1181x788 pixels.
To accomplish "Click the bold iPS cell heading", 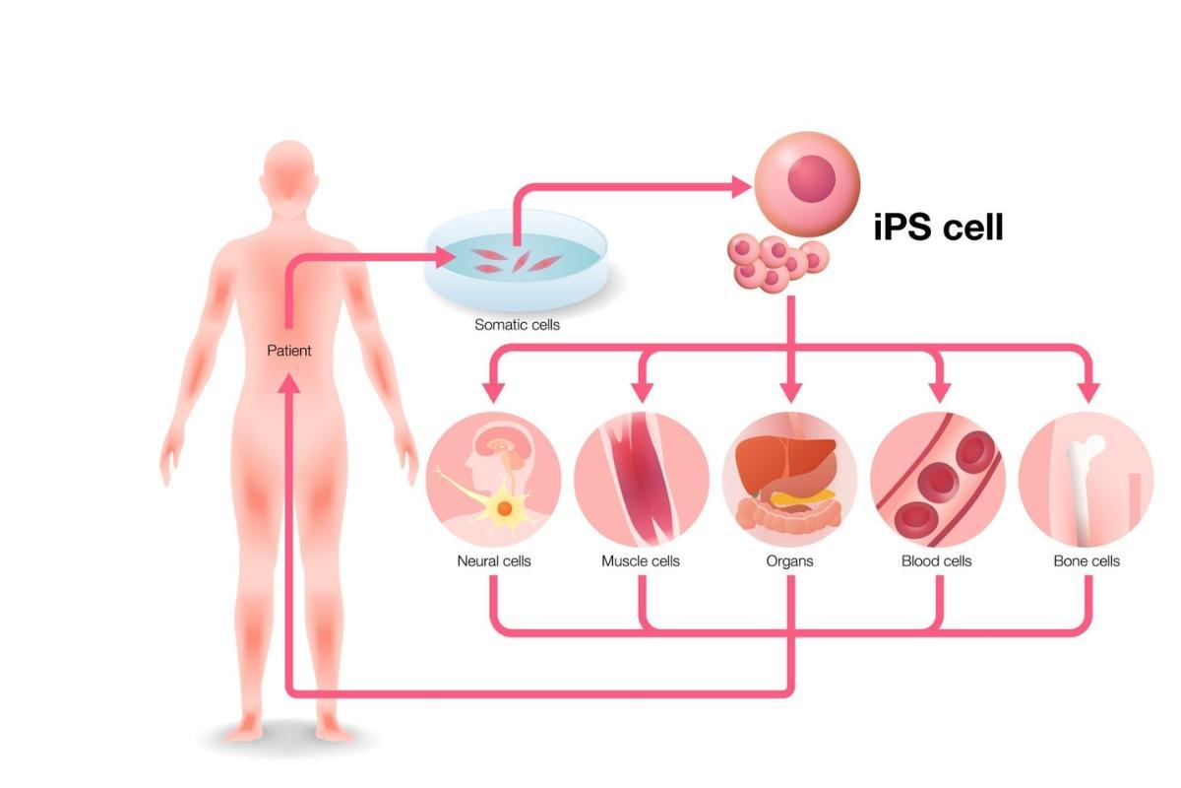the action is [x=938, y=227].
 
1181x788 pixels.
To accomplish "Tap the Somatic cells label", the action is [x=517, y=325].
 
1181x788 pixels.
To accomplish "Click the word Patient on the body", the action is [x=289, y=351].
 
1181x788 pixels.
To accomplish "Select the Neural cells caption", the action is [x=494, y=561].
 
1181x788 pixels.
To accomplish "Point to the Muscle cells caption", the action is [x=641, y=561].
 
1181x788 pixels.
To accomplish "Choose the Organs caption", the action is [x=789, y=561].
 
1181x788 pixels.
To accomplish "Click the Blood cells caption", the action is [x=936, y=561].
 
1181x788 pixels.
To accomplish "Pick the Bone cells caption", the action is [x=1087, y=561].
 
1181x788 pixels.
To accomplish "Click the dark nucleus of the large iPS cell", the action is [x=811, y=179].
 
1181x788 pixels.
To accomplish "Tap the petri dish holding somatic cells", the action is [x=516, y=261].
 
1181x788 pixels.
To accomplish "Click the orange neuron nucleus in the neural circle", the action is [x=505, y=509].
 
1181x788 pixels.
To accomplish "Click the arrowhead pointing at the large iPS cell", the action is [x=742, y=186].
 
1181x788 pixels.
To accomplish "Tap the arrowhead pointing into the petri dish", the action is [x=446, y=257].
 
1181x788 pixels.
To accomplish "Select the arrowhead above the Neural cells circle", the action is [x=494, y=393].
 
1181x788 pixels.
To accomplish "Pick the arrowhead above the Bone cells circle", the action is [x=1088, y=393].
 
